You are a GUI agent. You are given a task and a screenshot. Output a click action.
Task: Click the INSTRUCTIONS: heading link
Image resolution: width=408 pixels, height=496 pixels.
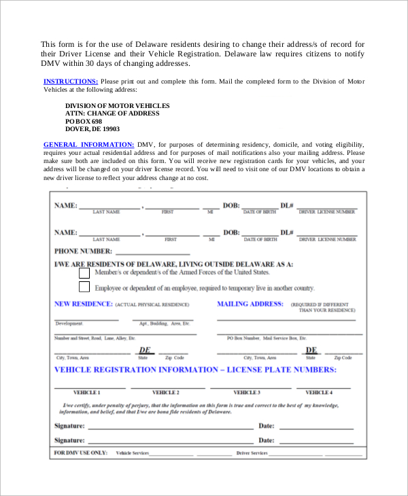[x=71, y=82]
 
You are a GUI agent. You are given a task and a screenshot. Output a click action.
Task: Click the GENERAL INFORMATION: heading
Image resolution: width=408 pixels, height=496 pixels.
[x=88, y=145]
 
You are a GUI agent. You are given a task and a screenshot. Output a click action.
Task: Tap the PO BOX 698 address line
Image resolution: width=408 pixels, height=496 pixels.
[x=83, y=121]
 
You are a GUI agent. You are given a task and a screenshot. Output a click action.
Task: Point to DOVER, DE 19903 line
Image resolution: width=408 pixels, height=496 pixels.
[x=92, y=128]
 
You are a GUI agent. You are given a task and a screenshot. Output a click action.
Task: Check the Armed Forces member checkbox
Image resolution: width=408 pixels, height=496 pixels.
[x=84, y=272]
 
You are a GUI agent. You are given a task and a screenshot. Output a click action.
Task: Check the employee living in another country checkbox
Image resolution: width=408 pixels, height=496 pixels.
[x=84, y=287]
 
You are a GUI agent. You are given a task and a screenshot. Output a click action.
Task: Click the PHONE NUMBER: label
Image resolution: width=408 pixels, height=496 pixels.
[x=83, y=251]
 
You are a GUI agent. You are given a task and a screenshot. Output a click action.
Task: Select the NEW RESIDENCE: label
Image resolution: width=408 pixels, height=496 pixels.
[x=82, y=304]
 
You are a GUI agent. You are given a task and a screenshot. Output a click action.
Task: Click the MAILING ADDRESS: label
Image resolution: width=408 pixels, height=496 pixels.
[x=250, y=304]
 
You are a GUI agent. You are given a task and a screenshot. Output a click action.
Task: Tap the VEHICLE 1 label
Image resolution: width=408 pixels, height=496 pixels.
[x=86, y=393]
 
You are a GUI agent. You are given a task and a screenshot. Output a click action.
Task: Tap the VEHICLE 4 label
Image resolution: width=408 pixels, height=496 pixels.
[x=319, y=393]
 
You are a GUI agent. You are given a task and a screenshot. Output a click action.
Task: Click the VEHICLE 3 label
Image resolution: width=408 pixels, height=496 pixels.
[x=247, y=393]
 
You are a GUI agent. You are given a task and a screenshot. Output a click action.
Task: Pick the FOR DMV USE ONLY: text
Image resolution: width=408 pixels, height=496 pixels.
[x=80, y=452]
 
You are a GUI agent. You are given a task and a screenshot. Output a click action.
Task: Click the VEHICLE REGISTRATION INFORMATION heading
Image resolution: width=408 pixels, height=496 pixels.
[x=195, y=370]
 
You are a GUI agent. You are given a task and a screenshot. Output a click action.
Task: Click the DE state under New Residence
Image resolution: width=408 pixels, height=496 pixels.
[x=144, y=351]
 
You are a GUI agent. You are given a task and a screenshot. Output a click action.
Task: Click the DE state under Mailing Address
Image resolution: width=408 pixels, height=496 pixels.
[x=311, y=351]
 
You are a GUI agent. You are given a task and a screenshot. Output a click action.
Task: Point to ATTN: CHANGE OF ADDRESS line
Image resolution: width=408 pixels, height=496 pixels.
[x=112, y=113]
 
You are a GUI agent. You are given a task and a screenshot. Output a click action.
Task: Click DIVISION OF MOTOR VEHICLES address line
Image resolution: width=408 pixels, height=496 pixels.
[x=117, y=106]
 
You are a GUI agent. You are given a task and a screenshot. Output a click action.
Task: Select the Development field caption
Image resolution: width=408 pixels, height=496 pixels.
[x=69, y=323]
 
